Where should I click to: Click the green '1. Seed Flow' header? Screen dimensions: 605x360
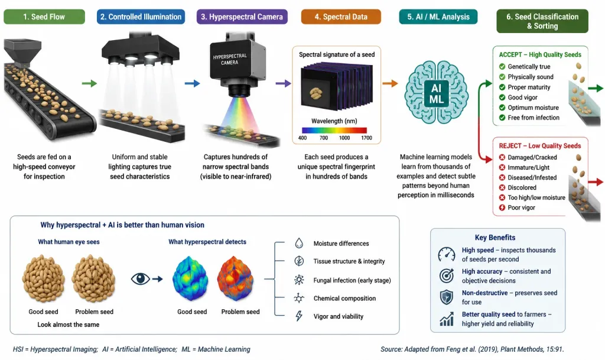click(44, 17)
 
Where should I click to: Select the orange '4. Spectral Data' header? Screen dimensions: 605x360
click(341, 17)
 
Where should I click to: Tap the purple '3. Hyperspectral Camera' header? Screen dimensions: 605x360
click(242, 17)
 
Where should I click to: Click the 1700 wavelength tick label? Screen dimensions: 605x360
click(366, 138)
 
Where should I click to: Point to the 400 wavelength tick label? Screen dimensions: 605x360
click(302, 138)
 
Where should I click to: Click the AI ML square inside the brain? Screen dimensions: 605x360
click(437, 94)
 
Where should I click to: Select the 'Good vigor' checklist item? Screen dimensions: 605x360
click(522, 97)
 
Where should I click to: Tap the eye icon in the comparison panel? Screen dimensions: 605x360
click(140, 278)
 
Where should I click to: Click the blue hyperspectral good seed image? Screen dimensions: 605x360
click(190, 278)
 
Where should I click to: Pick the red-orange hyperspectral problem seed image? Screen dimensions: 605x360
click(235, 278)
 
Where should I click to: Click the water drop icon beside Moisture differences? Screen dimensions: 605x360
click(299, 243)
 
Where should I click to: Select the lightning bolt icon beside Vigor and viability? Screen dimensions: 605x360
click(299, 316)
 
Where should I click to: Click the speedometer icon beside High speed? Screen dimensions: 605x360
click(447, 254)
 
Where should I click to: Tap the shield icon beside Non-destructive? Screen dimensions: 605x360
click(447, 297)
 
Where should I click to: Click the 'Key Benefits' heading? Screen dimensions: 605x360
click(495, 238)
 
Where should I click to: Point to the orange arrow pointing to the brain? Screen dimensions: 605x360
click(390, 83)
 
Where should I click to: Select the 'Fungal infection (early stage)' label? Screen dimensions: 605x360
click(352, 280)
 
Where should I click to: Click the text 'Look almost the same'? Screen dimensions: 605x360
click(69, 325)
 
